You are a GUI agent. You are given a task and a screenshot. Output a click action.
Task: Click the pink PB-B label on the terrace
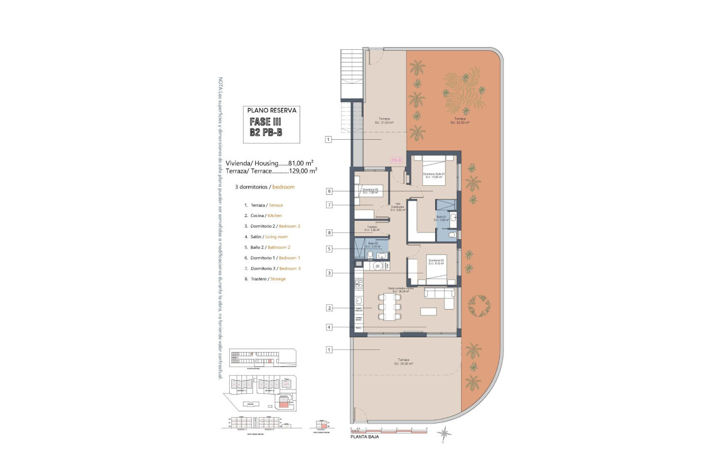397,160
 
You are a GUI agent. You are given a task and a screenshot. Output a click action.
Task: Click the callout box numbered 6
329,191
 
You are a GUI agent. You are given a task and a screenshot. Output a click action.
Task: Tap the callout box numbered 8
329,232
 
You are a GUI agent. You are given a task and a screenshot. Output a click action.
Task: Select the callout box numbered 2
329,308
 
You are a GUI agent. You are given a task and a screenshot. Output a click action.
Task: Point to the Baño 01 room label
442,218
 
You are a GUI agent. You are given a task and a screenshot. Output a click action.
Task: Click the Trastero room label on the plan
371,229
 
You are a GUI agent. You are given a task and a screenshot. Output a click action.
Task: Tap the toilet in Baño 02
370,255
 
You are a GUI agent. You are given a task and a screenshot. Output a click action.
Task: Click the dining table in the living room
389,307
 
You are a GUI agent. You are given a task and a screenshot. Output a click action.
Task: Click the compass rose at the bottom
445,434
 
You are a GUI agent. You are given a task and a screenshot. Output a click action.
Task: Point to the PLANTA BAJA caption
365,437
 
